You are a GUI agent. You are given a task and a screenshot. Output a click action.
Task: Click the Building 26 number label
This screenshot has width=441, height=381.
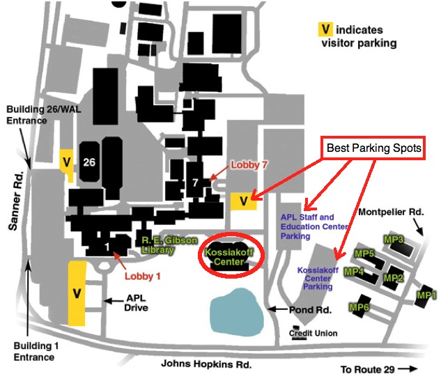89,162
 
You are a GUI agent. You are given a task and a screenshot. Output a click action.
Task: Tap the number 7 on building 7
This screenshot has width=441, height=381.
195,183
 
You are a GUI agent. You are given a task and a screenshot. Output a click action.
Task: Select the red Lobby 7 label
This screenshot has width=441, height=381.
249,165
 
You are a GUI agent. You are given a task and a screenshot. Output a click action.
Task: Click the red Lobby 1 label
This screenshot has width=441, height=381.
143,276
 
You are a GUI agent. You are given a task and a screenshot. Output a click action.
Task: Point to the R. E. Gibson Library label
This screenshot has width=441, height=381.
169,245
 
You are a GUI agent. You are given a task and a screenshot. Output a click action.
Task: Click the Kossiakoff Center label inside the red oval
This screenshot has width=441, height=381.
229,257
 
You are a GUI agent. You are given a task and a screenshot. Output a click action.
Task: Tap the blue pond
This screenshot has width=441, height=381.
237,312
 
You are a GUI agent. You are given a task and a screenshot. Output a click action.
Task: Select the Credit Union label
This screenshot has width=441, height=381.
313,333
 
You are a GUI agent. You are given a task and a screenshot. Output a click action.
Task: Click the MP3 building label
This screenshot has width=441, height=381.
394,240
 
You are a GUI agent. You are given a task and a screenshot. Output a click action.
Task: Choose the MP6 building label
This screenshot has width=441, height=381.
359,307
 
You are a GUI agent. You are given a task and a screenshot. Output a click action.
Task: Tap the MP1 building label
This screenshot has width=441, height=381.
426,295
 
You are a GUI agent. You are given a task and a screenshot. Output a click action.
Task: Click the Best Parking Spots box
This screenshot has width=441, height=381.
373,148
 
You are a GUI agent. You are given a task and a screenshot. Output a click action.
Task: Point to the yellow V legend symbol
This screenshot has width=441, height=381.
325,29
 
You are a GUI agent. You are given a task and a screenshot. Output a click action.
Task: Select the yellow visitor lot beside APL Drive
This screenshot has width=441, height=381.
77,293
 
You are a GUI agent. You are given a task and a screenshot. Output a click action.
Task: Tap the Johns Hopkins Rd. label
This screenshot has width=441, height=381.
206,364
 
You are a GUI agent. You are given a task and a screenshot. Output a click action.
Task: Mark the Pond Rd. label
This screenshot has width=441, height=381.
310,310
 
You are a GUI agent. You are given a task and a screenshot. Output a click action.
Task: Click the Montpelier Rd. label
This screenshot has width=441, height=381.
391,212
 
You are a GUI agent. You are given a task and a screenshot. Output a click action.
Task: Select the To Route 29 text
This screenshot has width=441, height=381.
368,369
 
